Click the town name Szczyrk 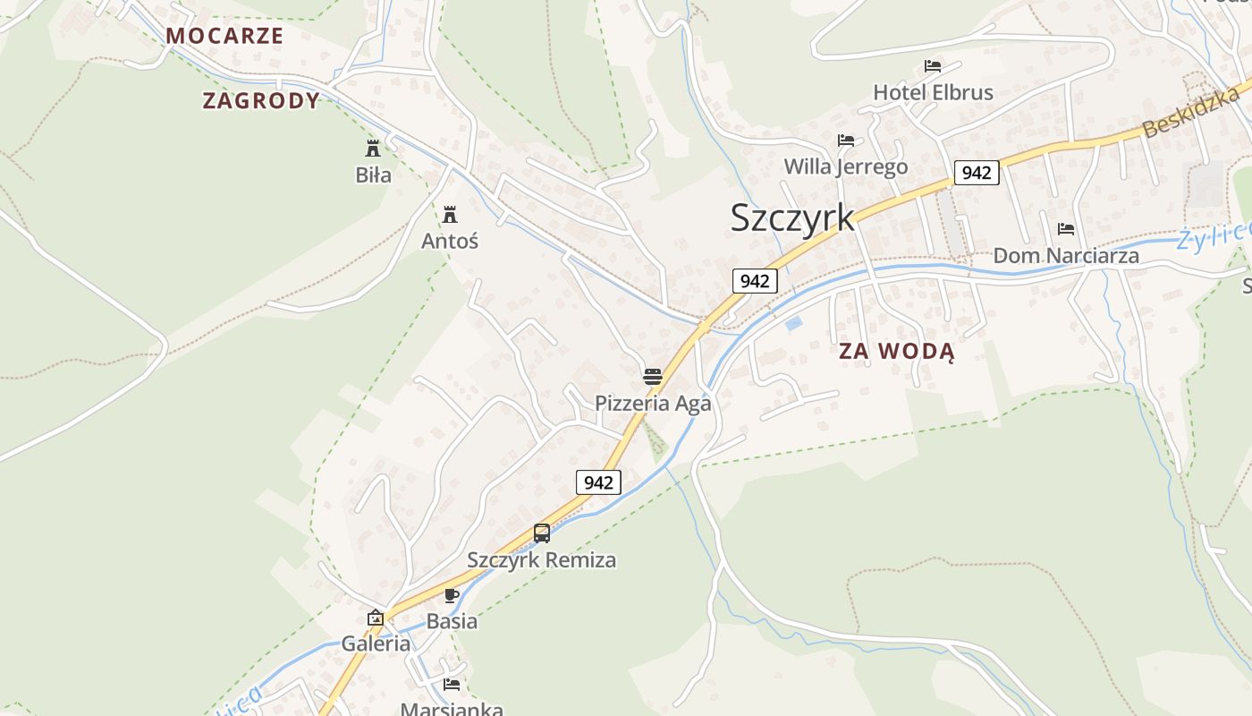point(792,217)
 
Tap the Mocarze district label point(224,36)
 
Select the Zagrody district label point(261,100)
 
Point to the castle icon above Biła point(373,148)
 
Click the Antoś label point(450,241)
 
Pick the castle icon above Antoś point(450,214)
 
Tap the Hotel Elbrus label point(933,92)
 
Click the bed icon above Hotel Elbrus point(933,65)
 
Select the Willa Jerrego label point(845,166)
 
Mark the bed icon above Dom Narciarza point(1065,229)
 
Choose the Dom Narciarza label point(1066,256)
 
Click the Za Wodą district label point(896,351)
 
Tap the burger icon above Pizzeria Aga point(652,376)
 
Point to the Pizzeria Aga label point(653,403)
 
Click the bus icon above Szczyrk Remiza point(542,533)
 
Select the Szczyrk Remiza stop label point(541,560)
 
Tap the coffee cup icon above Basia point(452,595)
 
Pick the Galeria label point(376,644)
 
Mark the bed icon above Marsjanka point(452,685)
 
